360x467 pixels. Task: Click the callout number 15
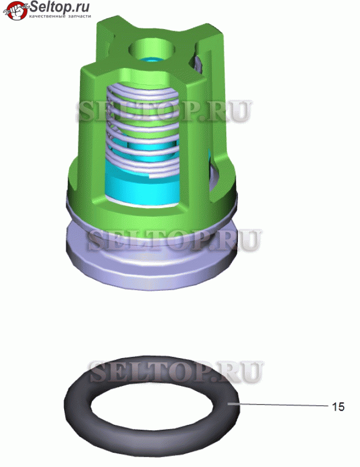(x=338, y=407)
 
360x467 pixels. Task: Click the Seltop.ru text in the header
(x=59, y=7)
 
